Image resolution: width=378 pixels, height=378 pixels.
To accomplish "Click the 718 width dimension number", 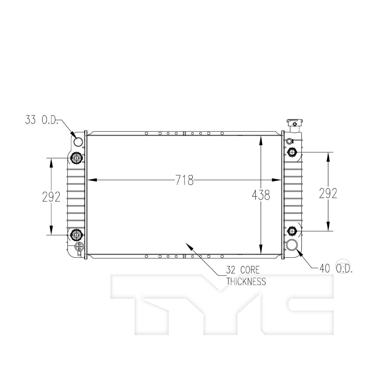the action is (185, 180).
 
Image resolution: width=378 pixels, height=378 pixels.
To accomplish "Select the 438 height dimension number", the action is (261, 195).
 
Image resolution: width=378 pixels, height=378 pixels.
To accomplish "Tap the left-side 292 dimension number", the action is (51, 197).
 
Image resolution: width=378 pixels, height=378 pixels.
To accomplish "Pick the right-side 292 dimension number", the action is (328, 193).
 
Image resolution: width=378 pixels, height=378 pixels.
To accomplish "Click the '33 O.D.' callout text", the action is (42, 120).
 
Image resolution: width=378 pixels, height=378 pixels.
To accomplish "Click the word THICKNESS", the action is (246, 281).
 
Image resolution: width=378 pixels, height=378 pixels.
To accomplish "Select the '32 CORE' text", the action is (243, 270).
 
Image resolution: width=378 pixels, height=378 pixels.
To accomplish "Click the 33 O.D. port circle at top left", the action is (78, 142).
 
